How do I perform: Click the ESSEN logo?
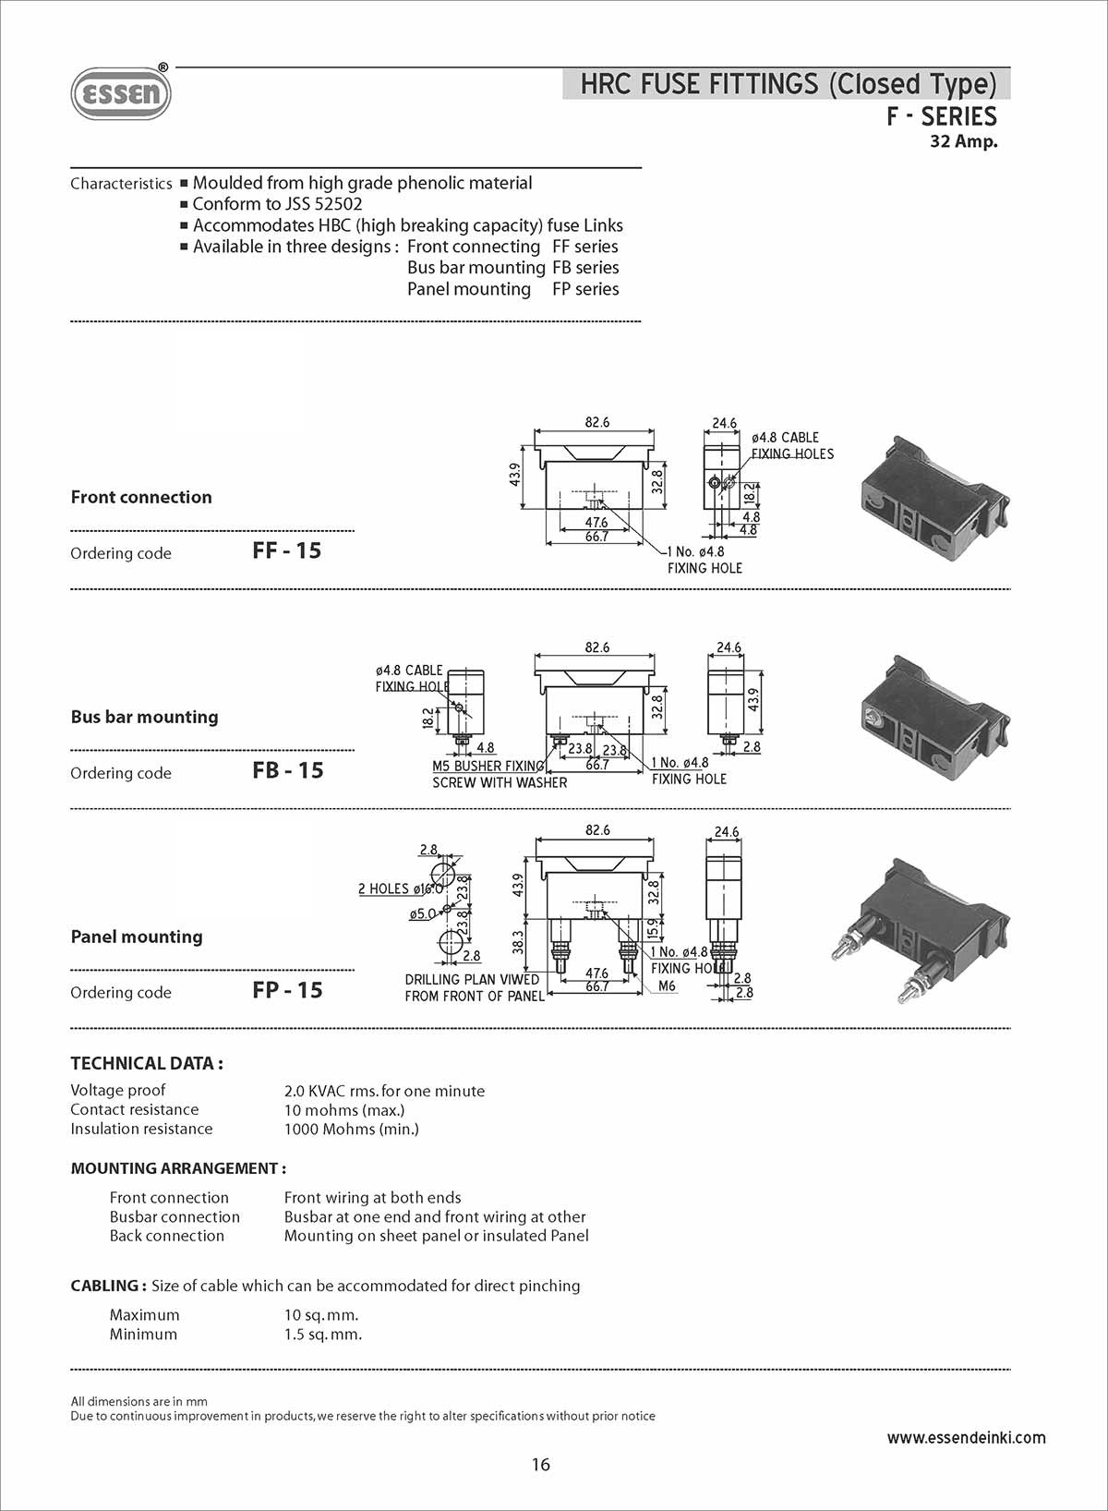(x=121, y=93)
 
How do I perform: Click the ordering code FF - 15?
(x=286, y=550)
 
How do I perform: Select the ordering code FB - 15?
(x=287, y=770)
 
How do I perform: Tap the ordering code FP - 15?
(x=287, y=990)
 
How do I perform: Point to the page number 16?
(x=541, y=1464)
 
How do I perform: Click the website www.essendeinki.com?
(x=966, y=1437)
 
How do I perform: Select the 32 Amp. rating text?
(x=963, y=141)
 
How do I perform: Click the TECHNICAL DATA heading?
(x=147, y=1063)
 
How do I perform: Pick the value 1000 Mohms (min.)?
(x=351, y=1129)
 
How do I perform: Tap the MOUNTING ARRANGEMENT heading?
(x=178, y=1168)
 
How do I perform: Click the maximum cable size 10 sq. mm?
(x=321, y=1314)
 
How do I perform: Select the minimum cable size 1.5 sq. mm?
(x=323, y=1334)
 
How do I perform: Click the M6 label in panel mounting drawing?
(x=667, y=985)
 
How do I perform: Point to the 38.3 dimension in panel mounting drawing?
(x=518, y=942)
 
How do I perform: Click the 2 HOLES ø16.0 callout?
(x=400, y=888)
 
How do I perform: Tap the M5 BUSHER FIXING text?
(x=488, y=766)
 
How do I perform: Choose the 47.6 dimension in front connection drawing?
(x=596, y=523)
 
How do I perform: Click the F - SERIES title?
(x=941, y=116)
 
